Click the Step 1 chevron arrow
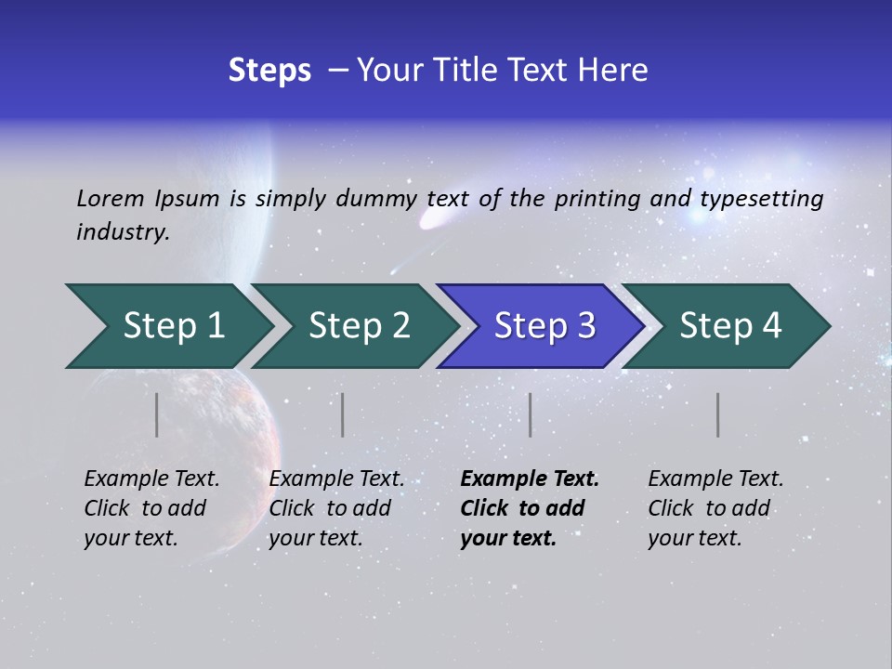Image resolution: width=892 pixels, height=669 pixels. [167, 326]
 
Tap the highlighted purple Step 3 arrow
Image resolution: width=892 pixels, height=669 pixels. [542, 326]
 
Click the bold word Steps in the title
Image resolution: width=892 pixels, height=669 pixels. [269, 71]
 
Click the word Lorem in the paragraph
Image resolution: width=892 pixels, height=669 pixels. [109, 198]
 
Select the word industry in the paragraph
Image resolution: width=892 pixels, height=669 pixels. [123, 232]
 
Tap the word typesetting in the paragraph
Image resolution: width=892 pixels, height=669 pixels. [761, 199]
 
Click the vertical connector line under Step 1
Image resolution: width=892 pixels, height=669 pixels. [157, 414]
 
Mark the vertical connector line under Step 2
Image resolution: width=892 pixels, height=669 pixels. [343, 414]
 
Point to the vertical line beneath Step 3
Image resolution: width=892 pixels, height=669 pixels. [530, 414]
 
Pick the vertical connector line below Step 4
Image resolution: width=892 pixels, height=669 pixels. [717, 414]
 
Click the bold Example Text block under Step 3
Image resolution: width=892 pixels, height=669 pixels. [529, 508]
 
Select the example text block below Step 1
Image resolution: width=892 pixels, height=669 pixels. [151, 508]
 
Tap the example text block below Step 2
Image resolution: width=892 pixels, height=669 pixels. [336, 508]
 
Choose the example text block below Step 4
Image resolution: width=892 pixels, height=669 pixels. [715, 508]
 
